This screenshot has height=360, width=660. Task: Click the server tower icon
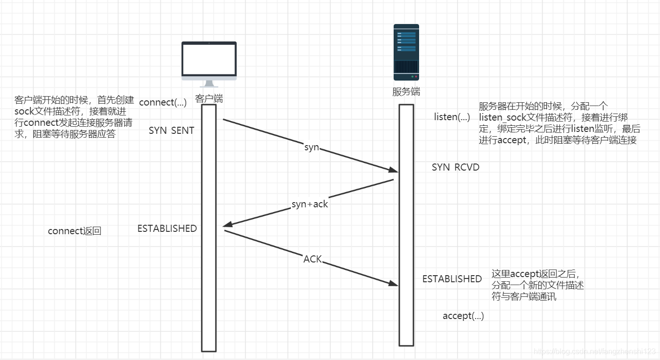pyautogui.click(x=406, y=52)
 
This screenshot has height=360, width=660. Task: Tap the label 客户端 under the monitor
pyautogui.click(x=209, y=99)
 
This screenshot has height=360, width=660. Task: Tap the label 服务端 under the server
pyautogui.click(x=406, y=92)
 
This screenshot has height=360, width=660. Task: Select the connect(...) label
pyautogui.click(x=163, y=102)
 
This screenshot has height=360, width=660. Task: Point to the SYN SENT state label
pyautogui.click(x=172, y=131)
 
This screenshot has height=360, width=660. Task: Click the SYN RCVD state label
pyautogui.click(x=455, y=167)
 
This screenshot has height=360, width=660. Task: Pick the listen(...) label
pyautogui.click(x=452, y=117)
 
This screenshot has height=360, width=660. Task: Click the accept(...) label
pyautogui.click(x=463, y=316)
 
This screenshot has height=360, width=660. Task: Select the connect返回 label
pyautogui.click(x=74, y=231)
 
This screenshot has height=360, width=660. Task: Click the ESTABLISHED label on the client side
pyautogui.click(x=167, y=229)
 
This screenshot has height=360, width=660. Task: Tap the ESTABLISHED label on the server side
pyautogui.click(x=452, y=279)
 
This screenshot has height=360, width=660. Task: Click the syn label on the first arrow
pyautogui.click(x=312, y=147)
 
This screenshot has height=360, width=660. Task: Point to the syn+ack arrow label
pyautogui.click(x=310, y=204)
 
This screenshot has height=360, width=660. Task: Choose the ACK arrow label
pyautogui.click(x=312, y=259)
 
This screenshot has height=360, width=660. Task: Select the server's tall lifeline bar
pyautogui.click(x=406, y=226)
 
